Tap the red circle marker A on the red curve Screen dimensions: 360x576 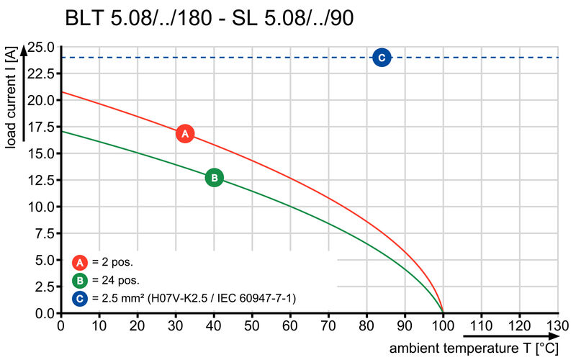(x=185, y=133)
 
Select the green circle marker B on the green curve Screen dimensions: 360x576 (x=214, y=178)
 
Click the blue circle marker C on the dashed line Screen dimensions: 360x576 (x=382, y=58)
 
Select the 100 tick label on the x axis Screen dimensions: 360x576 (x=443, y=325)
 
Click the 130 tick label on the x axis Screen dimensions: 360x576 (x=557, y=325)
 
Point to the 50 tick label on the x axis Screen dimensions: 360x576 (x=252, y=325)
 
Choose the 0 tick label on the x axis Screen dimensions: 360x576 (x=60, y=325)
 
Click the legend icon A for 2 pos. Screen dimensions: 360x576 (x=81, y=262)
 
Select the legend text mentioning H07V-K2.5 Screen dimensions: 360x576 (x=194, y=298)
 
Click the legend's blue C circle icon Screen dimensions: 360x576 (x=81, y=298)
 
